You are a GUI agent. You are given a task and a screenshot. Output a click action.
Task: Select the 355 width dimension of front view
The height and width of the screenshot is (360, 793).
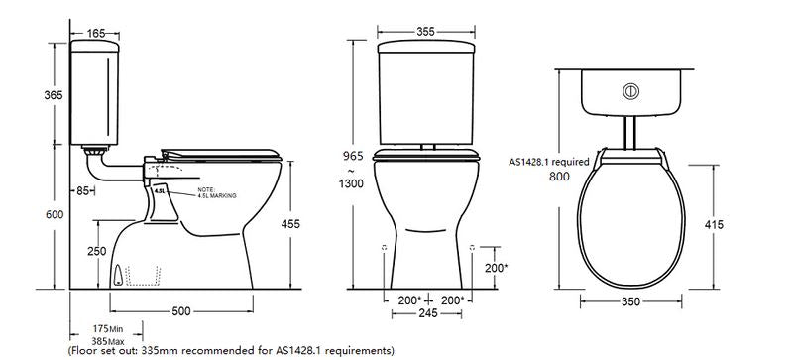coord(428,32)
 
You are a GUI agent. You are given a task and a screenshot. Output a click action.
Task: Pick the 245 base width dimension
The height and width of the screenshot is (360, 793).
coord(428,313)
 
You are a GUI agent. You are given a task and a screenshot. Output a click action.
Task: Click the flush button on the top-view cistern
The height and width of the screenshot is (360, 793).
coord(628,90)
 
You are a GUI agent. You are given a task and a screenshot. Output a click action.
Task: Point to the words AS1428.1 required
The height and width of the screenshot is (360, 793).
coord(550,161)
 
